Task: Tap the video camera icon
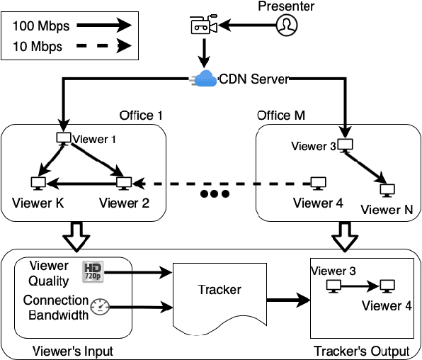click(202, 26)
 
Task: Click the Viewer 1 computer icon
click(63, 138)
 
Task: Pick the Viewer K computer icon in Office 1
click(36, 184)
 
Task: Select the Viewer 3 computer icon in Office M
click(345, 145)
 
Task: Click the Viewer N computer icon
click(387, 189)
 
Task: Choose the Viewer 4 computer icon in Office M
click(319, 183)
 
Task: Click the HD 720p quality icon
click(93, 271)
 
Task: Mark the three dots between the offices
click(215, 194)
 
